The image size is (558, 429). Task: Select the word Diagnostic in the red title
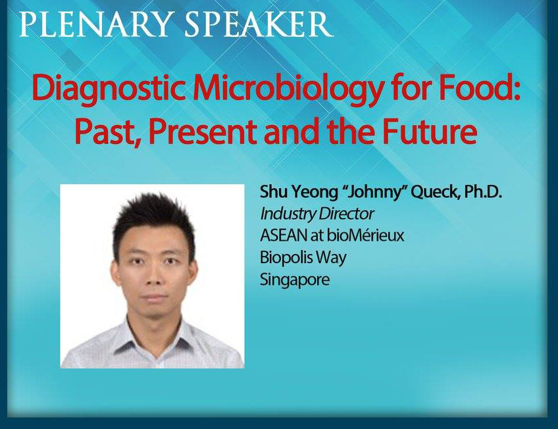point(109,89)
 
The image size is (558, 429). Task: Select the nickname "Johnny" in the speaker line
point(374,193)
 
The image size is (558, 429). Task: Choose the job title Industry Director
point(317,214)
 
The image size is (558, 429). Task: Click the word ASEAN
point(283,235)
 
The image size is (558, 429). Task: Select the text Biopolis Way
point(303,257)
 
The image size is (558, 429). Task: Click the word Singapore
point(295,280)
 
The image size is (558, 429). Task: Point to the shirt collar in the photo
point(155,336)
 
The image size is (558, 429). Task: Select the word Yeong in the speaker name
point(315,192)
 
